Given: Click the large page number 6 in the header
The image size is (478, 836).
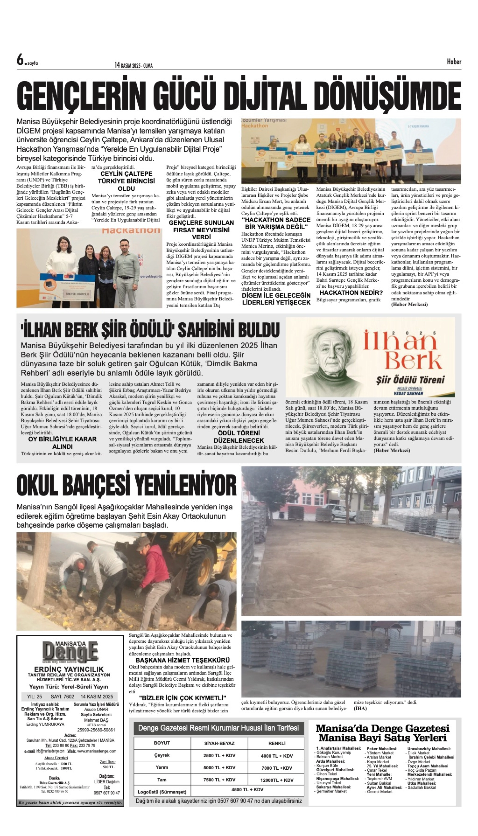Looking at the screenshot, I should point(21,60).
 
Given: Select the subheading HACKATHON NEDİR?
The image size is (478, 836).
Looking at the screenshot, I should point(351,293).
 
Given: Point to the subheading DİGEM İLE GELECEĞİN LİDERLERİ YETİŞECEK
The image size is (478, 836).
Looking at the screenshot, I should point(276,299).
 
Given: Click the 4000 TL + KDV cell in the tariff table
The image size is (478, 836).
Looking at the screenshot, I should point(276,756).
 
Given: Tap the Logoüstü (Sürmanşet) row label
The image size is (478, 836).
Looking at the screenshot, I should point(162,791).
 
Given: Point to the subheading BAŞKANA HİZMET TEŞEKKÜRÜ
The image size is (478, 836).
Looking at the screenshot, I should point(183,660).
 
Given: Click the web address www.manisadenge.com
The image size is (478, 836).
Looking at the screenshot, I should point(97,760).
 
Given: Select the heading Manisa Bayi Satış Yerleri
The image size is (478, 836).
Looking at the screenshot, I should point(382,738).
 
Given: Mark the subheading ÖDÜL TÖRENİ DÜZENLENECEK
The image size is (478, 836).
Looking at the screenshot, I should point(239,436).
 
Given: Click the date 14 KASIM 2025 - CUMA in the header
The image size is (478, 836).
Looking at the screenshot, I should point(134,65).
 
